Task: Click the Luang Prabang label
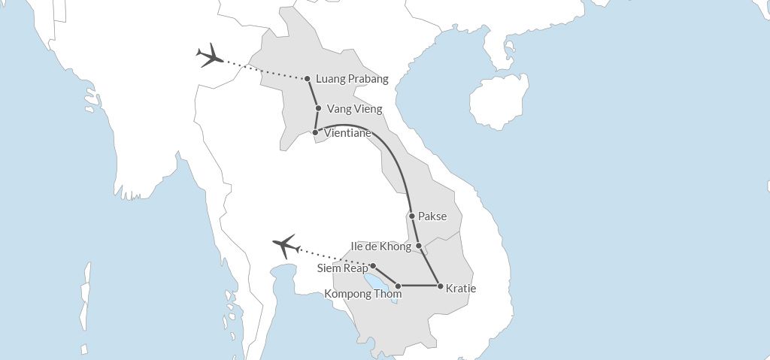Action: (x=353, y=79)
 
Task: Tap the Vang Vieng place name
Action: (x=354, y=109)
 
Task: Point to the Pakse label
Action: (x=432, y=216)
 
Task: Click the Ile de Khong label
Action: (x=381, y=247)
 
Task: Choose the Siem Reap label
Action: (x=342, y=268)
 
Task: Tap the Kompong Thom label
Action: (x=362, y=294)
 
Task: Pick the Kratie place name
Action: (x=461, y=288)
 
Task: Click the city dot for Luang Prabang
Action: (x=308, y=79)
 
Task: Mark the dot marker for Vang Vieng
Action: (x=319, y=108)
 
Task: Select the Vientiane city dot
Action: (x=316, y=132)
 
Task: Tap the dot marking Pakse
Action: (x=412, y=216)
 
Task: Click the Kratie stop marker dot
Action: (x=440, y=286)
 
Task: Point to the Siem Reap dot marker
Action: (x=373, y=266)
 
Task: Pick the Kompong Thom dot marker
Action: (x=398, y=286)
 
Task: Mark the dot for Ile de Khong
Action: (x=419, y=246)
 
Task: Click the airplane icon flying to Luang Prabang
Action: (x=210, y=56)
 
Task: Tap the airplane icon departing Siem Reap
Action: (x=285, y=245)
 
